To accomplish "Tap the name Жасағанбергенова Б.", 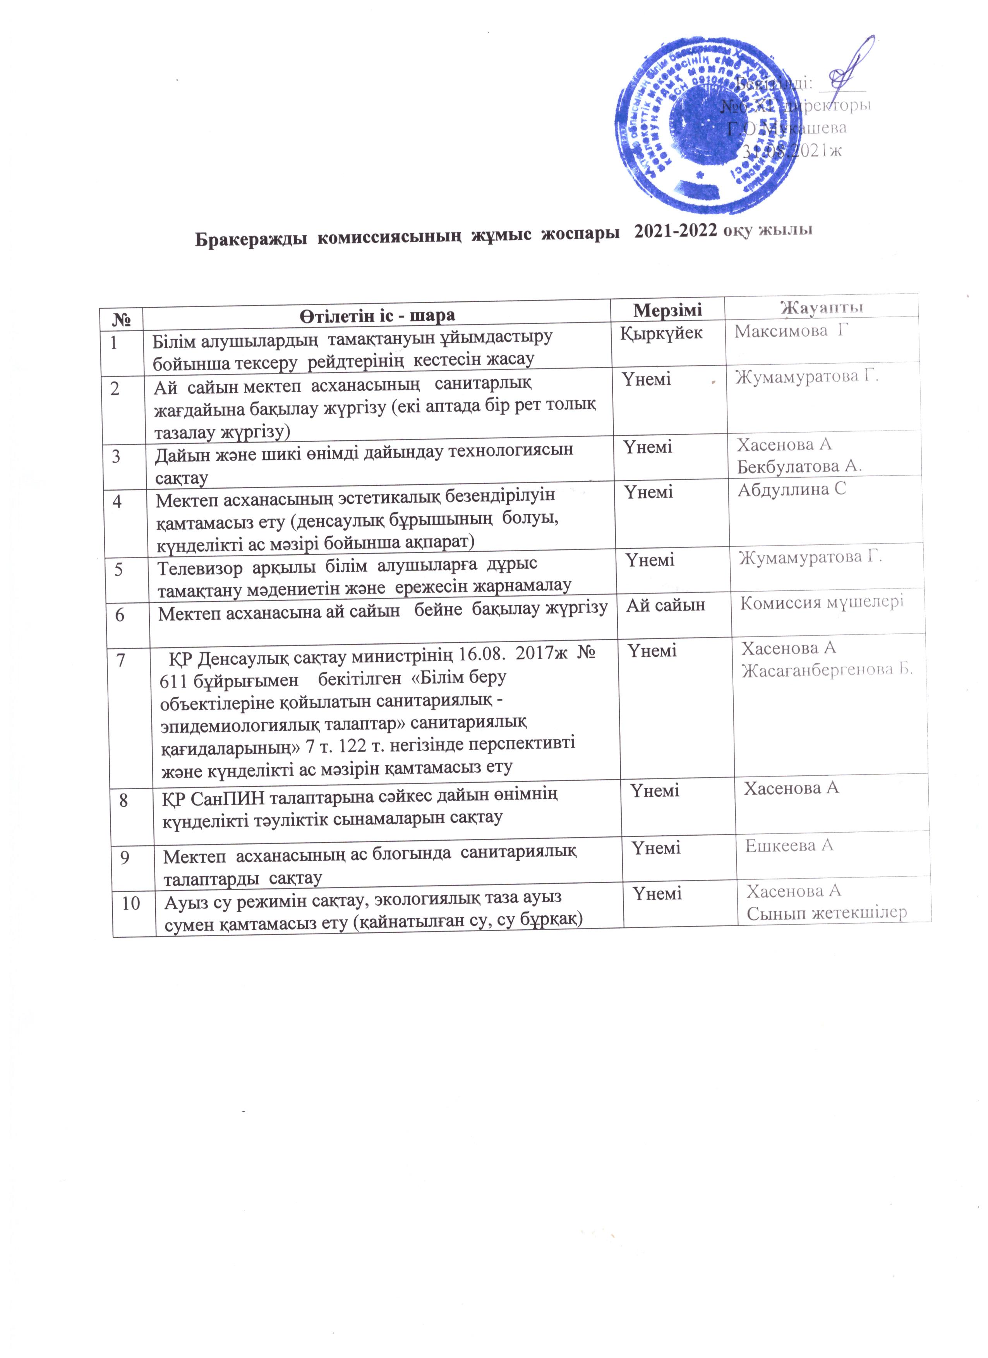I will click(x=827, y=670).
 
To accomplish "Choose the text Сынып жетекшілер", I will click(x=826, y=913).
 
